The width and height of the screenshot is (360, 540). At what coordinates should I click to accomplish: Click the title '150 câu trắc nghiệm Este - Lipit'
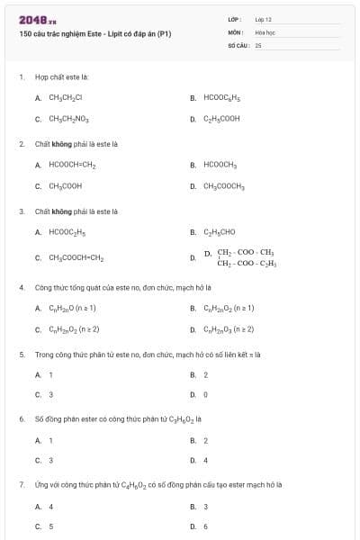(x=94, y=34)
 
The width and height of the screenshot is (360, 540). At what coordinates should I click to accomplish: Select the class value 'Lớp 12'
(x=263, y=19)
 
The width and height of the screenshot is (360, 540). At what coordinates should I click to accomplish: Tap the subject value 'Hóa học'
(x=265, y=31)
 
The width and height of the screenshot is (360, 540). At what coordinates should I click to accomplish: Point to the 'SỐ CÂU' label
(x=237, y=44)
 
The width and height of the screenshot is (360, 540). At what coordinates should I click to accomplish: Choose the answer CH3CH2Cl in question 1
(x=66, y=97)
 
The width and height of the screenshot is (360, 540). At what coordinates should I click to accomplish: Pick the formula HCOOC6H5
(x=222, y=97)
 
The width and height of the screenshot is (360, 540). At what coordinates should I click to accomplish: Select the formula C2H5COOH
(x=222, y=118)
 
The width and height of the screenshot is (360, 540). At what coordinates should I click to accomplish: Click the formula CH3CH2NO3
(x=68, y=118)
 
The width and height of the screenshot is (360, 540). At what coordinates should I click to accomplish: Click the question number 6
(x=22, y=418)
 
